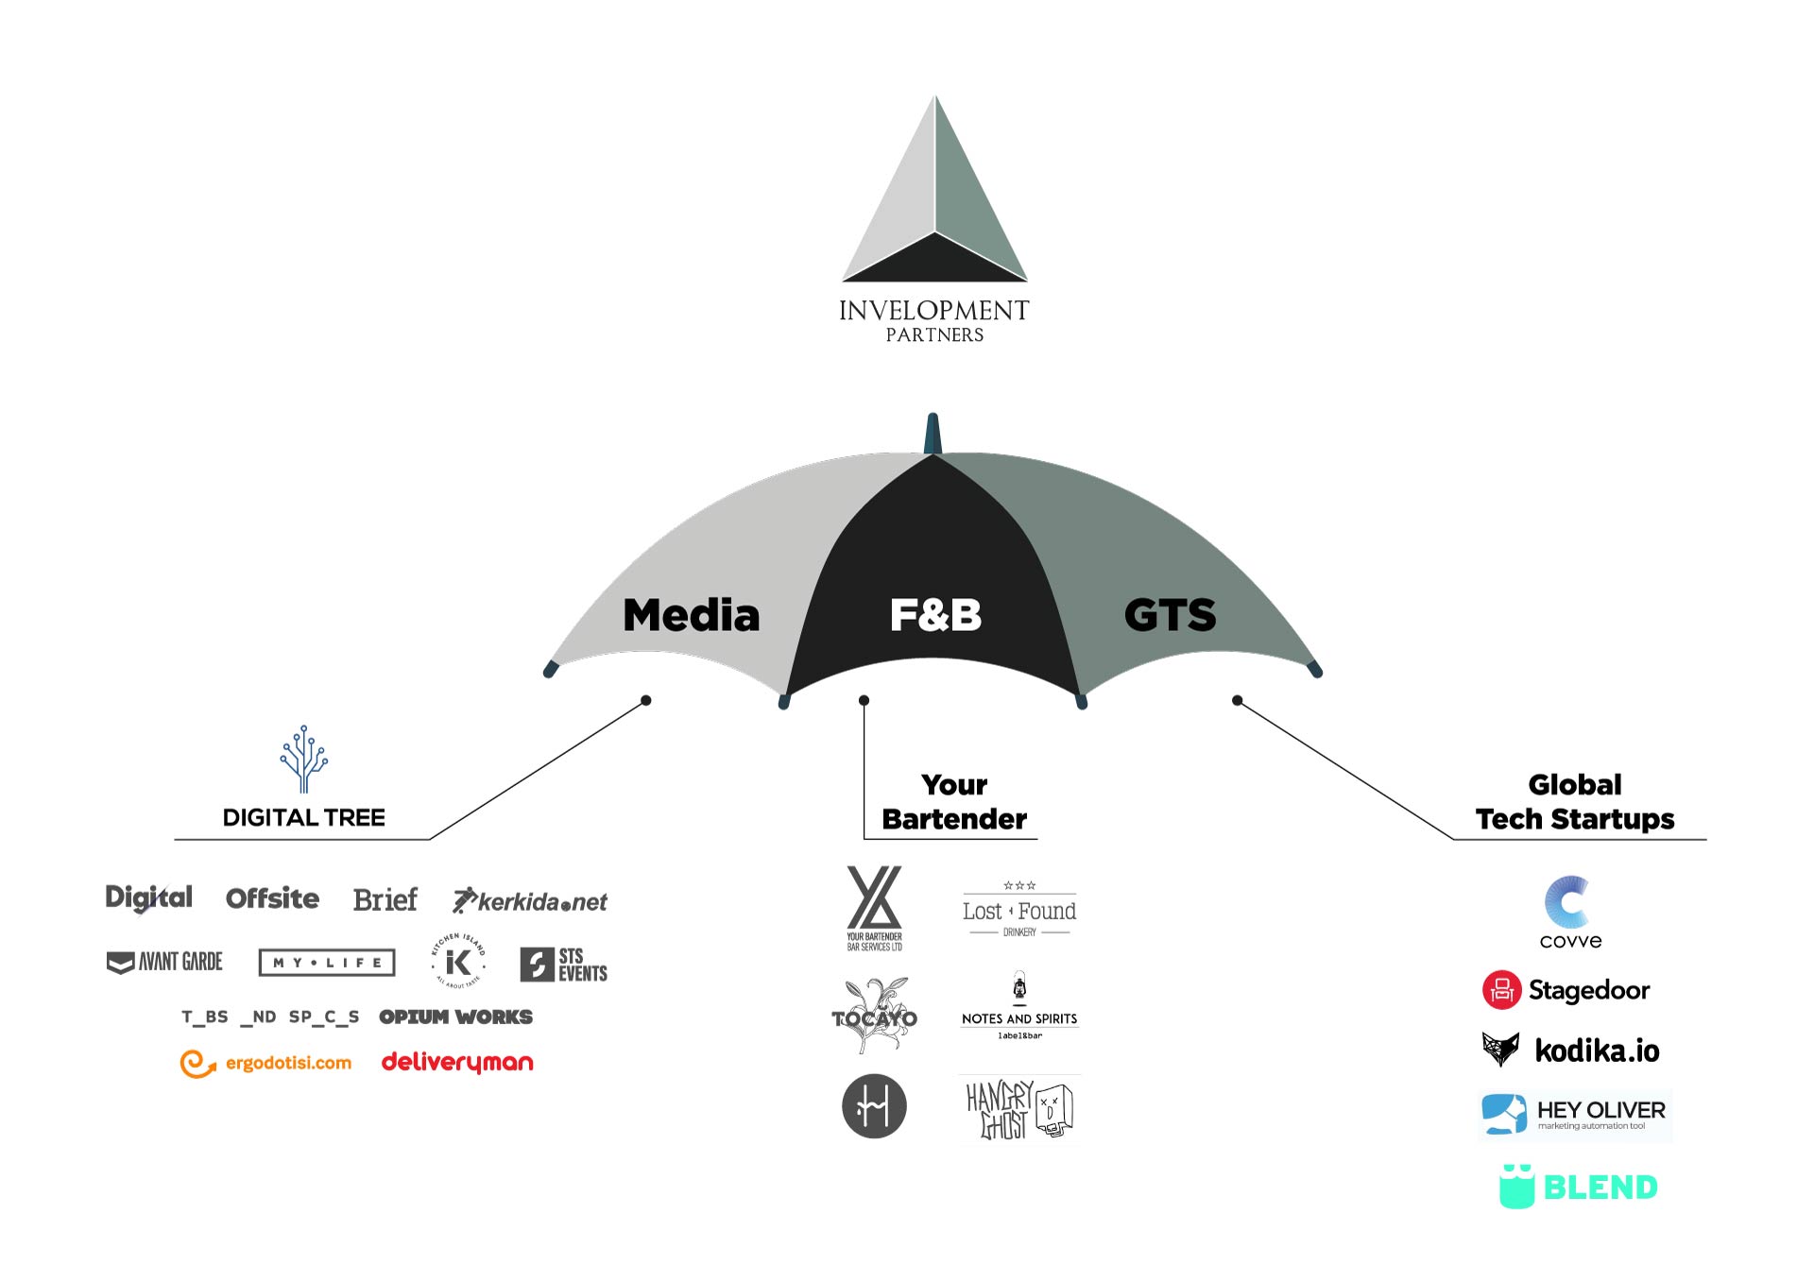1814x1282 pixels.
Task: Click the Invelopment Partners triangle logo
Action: (934, 198)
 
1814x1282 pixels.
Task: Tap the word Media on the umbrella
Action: (692, 615)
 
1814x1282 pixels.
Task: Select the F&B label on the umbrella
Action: (935, 615)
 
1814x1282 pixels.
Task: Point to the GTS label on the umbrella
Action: (1170, 615)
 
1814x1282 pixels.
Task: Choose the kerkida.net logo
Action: (530, 901)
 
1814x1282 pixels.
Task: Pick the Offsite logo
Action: (272, 898)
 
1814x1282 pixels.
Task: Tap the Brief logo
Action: (385, 899)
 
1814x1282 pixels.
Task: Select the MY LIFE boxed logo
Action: (327, 963)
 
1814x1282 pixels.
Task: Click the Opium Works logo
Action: (455, 1017)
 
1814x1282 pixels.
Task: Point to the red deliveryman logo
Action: (457, 1063)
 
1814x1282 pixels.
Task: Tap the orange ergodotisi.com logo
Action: (265, 1064)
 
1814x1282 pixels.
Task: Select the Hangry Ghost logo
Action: (1019, 1110)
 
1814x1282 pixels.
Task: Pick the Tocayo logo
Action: (874, 1017)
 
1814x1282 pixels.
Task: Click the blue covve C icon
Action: (1568, 902)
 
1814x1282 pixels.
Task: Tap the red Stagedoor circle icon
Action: (1501, 990)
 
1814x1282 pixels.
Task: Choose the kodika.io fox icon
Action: (1500, 1049)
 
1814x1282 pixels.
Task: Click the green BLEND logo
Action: (1579, 1188)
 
